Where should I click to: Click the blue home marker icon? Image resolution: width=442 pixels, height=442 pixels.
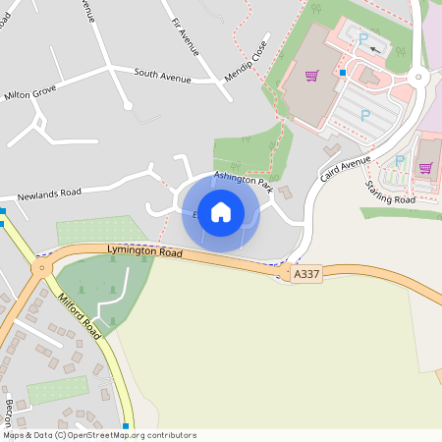[x=221, y=212]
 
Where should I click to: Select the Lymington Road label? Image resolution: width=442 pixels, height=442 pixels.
[x=144, y=253]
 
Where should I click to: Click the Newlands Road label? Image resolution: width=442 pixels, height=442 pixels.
[x=48, y=193]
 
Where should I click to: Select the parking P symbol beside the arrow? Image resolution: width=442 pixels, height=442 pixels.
[x=363, y=39]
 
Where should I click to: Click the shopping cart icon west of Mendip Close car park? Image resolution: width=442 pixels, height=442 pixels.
[x=311, y=76]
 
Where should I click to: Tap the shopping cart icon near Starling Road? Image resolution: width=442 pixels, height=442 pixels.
[x=425, y=167]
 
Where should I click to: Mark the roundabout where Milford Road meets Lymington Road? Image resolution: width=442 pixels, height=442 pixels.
[x=42, y=267]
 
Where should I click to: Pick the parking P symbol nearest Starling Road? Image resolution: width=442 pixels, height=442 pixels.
[x=400, y=160]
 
